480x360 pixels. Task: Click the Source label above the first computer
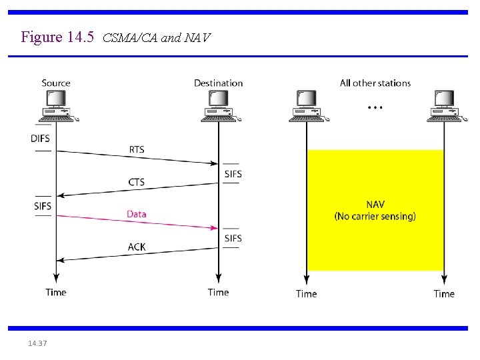tap(56, 83)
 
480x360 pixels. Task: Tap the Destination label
tap(218, 83)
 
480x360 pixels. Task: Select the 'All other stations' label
tap(375, 83)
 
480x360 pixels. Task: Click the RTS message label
tap(136, 149)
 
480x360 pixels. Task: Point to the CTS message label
tap(136, 182)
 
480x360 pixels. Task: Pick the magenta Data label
tap(136, 214)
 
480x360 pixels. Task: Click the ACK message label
tap(136, 247)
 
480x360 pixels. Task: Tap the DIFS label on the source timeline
tap(40, 139)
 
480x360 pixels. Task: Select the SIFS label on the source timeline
tap(43, 206)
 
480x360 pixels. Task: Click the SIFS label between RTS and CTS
tap(233, 174)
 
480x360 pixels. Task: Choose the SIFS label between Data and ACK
tap(233, 239)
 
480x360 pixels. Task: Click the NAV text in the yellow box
tap(375, 205)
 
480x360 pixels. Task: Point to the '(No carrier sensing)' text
tap(375, 216)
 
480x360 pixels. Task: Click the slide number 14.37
tap(38, 343)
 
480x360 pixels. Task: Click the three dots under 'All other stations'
tap(375, 107)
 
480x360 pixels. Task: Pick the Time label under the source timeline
tap(56, 292)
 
